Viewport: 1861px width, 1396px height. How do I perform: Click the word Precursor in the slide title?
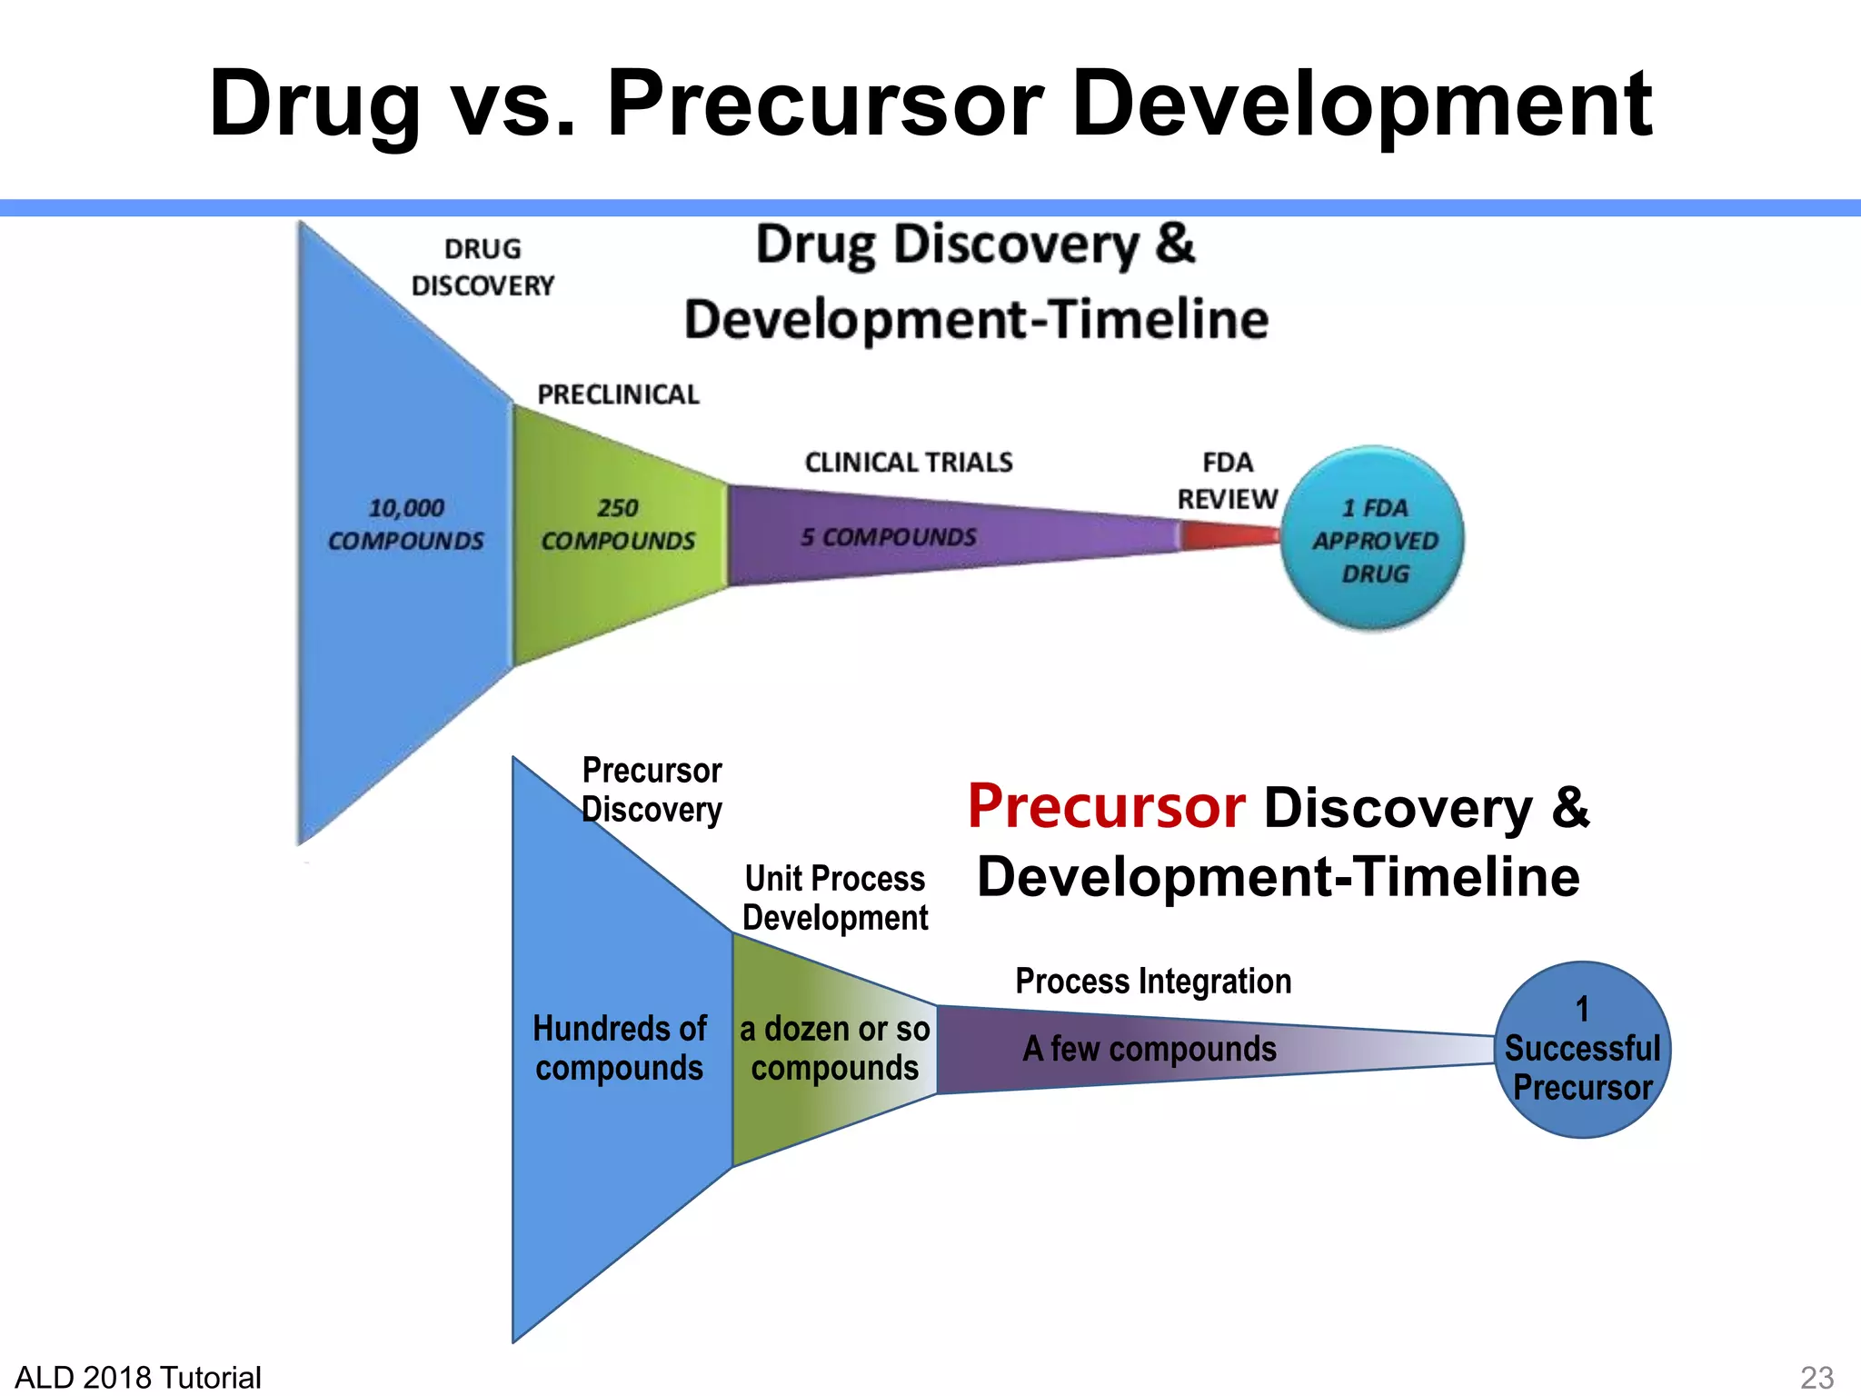(x=824, y=104)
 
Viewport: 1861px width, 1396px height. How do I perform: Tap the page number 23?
(x=1816, y=1377)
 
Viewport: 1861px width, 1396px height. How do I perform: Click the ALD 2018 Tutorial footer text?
(x=138, y=1377)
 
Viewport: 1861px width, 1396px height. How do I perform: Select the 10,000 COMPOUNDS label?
(x=405, y=524)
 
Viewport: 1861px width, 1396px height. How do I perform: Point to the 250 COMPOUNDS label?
(x=618, y=524)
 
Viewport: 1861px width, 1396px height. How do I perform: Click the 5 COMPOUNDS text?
(x=888, y=537)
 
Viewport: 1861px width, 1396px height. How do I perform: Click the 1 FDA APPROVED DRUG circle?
(x=1373, y=539)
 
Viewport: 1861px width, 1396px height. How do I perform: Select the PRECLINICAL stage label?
(x=618, y=394)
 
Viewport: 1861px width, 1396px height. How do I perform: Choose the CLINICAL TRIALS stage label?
(x=909, y=463)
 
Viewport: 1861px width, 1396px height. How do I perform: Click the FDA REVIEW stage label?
(x=1227, y=481)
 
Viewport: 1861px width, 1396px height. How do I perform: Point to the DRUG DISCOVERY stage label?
(x=483, y=267)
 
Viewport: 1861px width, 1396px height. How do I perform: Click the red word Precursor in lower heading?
(x=1106, y=806)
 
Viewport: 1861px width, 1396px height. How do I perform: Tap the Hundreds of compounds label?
(x=619, y=1048)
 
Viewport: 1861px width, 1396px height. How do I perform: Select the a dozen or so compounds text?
(x=834, y=1048)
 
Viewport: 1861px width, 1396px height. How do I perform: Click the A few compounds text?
(x=1149, y=1049)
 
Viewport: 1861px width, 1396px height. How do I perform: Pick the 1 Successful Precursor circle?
(x=1582, y=1050)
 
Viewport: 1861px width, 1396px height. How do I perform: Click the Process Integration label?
(x=1153, y=982)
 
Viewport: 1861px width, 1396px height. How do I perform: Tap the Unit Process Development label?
(x=834, y=898)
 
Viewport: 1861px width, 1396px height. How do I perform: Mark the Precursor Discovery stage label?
(x=652, y=790)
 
